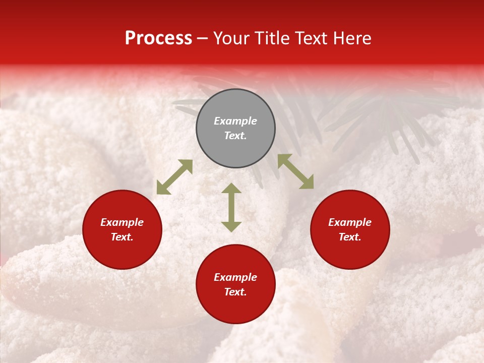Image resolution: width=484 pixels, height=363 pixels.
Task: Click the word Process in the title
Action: click(158, 38)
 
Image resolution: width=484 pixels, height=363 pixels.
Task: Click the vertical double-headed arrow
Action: click(231, 207)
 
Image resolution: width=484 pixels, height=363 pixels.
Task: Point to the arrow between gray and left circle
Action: click(174, 177)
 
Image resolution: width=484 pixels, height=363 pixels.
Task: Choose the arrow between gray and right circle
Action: click(295, 171)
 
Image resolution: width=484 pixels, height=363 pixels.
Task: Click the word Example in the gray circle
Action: click(235, 121)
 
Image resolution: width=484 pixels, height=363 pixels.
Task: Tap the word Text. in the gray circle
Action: click(235, 136)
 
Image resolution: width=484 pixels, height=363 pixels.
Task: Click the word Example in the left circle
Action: click(122, 222)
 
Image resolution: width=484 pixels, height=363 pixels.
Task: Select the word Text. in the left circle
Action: click(122, 237)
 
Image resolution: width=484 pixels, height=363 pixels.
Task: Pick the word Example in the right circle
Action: click(350, 222)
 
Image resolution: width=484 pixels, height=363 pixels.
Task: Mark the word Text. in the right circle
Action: click(350, 237)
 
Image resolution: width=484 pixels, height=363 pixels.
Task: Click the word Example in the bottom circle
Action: click(235, 277)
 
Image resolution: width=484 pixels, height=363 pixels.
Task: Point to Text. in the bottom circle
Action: click(235, 292)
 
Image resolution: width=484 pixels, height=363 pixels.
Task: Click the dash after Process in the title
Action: click(202, 39)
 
